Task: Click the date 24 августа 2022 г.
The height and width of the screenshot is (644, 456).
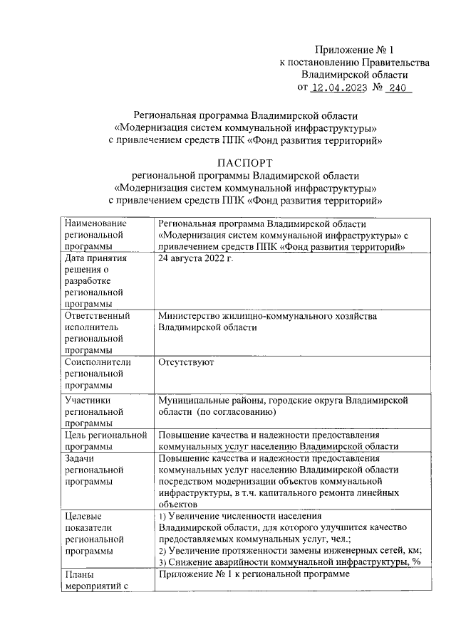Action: tap(196, 258)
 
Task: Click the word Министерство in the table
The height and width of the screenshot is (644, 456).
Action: tap(190, 316)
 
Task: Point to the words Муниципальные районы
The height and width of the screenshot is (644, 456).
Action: tap(211, 401)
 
